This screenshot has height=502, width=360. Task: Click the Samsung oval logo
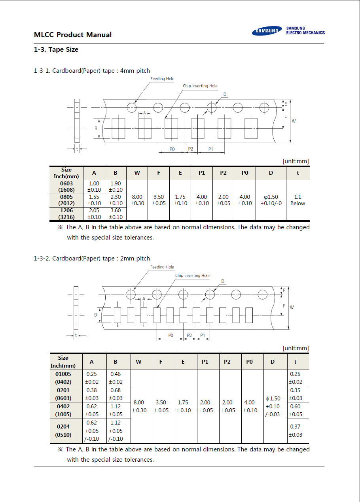coord(267,31)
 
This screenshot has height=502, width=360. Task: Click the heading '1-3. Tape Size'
coord(56,49)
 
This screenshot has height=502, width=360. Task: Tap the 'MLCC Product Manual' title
coord(73,35)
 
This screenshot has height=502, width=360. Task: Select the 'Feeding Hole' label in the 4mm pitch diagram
coord(162,79)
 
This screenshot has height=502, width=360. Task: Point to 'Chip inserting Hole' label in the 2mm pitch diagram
coord(192,276)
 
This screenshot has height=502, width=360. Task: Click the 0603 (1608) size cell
coord(66,187)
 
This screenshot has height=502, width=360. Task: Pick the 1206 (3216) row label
coord(66,213)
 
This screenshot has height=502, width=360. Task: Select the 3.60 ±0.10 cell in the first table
coord(116,213)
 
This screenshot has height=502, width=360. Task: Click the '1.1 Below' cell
coord(297,200)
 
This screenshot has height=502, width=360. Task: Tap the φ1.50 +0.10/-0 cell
coord(271,200)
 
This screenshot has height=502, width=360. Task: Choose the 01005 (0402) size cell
coord(63,378)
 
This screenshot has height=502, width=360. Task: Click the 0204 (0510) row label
coord(63,430)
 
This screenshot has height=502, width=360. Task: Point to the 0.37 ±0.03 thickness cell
coord(295,430)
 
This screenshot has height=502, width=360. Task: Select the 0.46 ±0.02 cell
coord(116,378)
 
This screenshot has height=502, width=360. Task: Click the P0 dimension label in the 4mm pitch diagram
coord(172,149)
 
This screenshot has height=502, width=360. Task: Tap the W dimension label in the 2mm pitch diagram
coord(292,307)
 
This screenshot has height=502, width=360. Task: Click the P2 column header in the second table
coord(227,362)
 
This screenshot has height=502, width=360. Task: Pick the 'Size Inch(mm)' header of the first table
coord(66,173)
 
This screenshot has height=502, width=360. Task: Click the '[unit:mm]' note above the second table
coord(296,348)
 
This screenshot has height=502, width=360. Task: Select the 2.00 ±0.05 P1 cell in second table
coord(205,406)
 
